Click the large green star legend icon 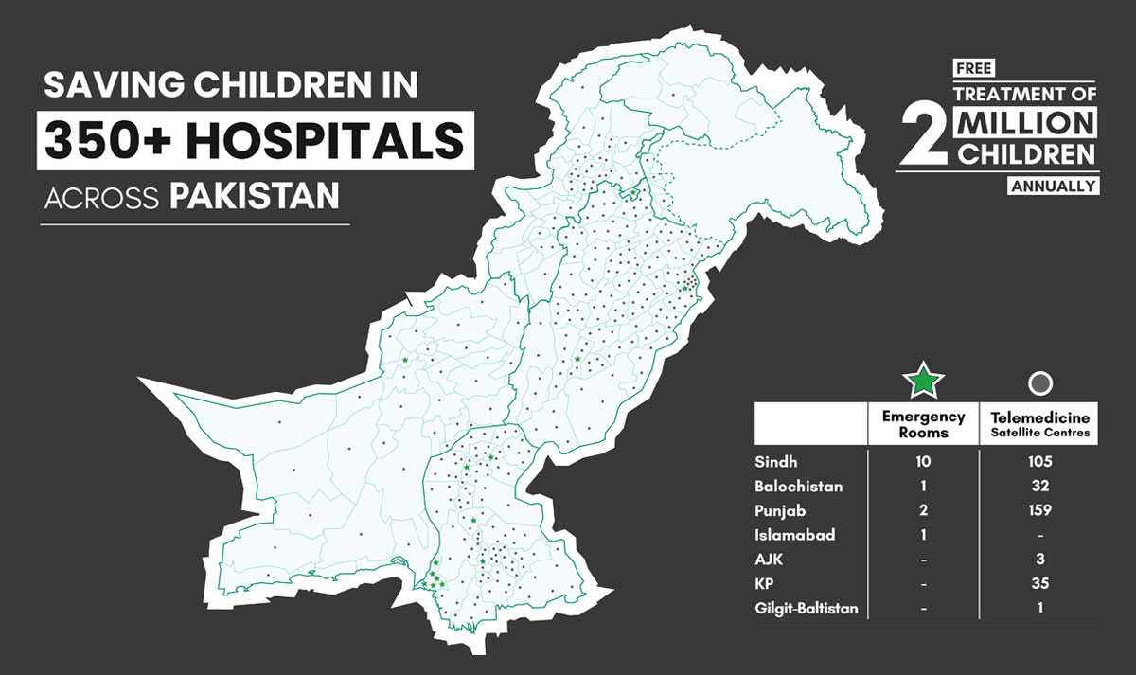tap(923, 382)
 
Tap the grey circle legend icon tap(1040, 382)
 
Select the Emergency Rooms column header tap(923, 424)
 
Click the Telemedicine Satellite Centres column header tap(1040, 424)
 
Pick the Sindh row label tap(775, 462)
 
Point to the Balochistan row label tap(799, 487)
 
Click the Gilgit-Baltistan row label tap(807, 609)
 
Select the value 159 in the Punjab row tap(1040, 511)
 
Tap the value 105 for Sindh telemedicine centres tap(1040, 462)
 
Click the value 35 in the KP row tap(1040, 584)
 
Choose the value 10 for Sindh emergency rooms tap(924, 462)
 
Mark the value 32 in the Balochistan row tap(1040, 487)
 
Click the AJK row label tap(771, 560)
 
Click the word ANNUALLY tap(1054, 187)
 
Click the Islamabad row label tap(795, 535)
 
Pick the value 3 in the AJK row tap(1040, 560)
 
